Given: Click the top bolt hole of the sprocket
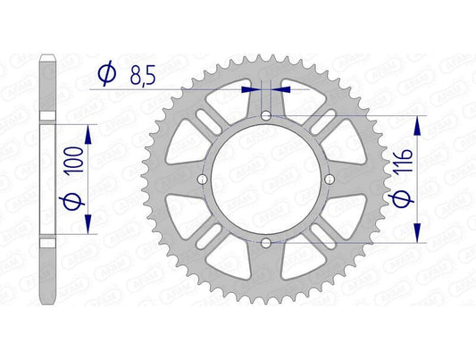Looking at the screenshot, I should pos(266,115).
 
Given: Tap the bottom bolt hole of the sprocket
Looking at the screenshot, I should pos(266,242).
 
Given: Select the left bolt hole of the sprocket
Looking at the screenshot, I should pos(203,180).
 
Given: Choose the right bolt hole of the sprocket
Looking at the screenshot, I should pos(330,180).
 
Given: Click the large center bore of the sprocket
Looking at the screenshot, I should pos(266,179).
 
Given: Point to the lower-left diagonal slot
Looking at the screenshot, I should pos(207,239).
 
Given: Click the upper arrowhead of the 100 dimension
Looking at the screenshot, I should pos(88,130).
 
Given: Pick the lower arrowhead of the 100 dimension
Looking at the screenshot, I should pos(88,230).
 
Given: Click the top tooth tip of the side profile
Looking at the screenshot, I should pos(48,60).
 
